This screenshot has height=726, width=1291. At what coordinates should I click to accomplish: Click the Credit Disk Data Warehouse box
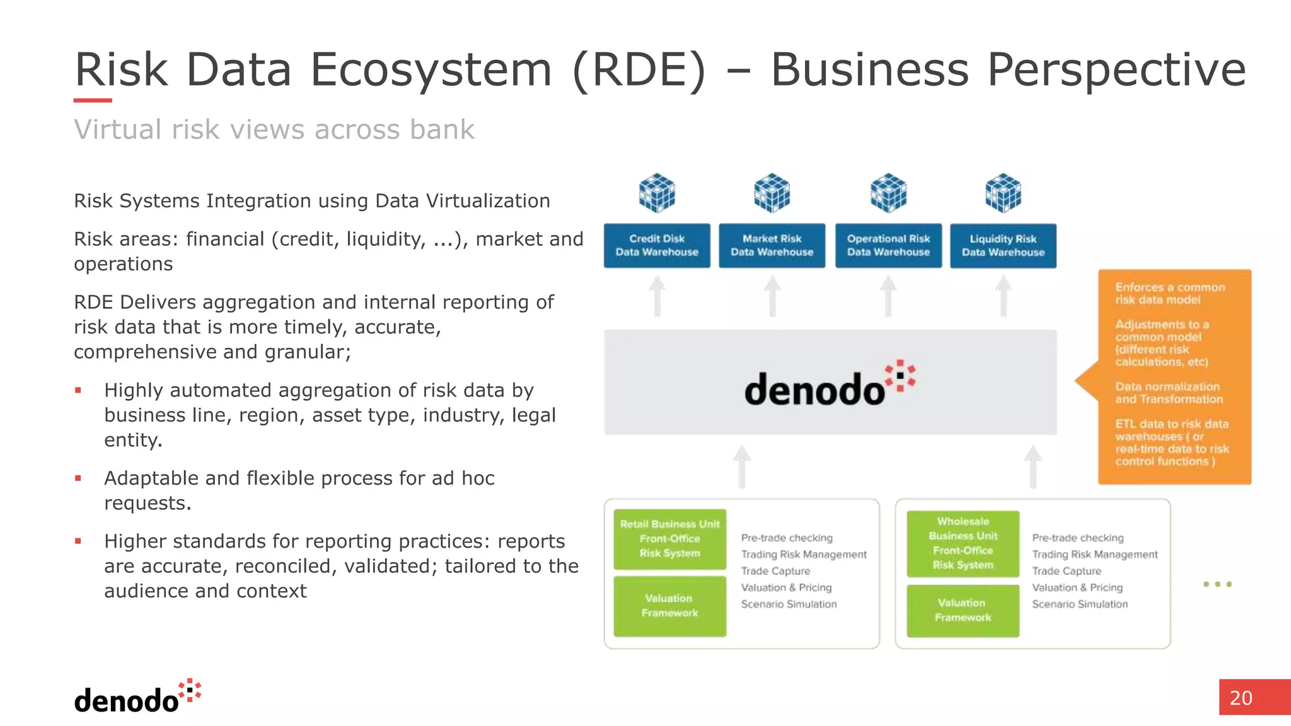(657, 246)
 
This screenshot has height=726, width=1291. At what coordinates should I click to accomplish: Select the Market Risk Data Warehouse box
(772, 246)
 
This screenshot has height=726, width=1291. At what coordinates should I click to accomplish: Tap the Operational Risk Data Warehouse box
(888, 246)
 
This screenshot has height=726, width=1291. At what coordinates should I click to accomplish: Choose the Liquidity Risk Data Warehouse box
(1003, 246)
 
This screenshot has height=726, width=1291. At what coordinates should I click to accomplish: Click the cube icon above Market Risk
(772, 193)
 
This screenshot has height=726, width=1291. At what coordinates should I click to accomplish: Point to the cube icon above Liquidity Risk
(1003, 193)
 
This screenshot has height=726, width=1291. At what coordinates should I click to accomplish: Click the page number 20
(1241, 698)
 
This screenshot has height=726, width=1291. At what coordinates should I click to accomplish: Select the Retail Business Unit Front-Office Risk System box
(669, 539)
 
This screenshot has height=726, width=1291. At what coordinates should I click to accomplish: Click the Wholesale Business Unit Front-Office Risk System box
(963, 543)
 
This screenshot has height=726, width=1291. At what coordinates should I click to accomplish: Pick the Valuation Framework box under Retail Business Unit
(669, 606)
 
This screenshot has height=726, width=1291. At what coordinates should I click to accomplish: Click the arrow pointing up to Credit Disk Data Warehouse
(657, 296)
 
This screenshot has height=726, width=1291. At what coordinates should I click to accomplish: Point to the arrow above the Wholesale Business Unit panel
(1033, 466)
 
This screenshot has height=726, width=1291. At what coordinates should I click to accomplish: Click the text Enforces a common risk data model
(1169, 294)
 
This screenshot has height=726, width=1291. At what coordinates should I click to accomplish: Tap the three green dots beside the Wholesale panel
(1217, 584)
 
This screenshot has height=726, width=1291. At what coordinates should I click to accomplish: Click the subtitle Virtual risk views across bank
(274, 130)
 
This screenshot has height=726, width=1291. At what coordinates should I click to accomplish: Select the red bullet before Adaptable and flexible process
(78, 478)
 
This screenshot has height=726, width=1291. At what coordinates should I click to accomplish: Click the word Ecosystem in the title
(431, 69)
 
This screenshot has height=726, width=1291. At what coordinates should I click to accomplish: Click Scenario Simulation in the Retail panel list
(789, 604)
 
